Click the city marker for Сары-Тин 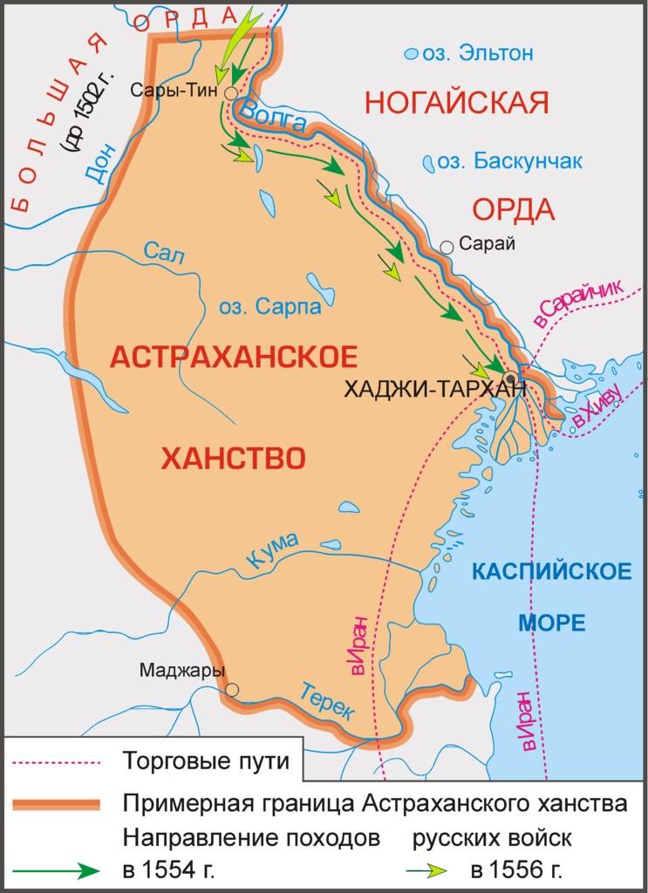(230, 92)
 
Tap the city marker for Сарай (447, 247)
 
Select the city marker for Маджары (231, 690)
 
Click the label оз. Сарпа (269, 307)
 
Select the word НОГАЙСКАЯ (456, 103)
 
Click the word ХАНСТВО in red (233, 457)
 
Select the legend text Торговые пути (205, 760)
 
